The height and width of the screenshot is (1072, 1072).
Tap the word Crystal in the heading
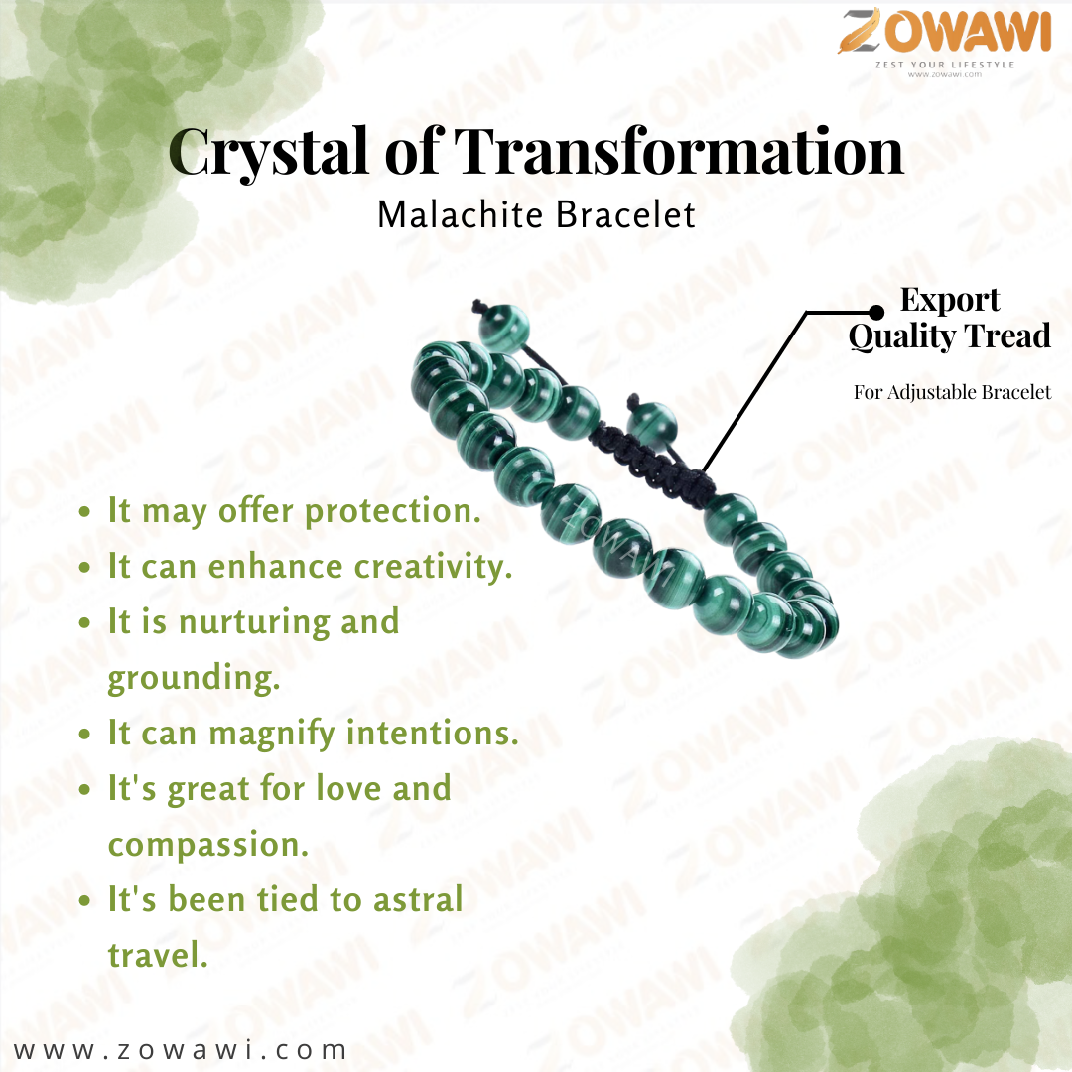point(269,153)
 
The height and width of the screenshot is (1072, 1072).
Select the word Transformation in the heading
point(679,151)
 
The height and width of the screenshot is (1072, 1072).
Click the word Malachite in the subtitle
point(461,214)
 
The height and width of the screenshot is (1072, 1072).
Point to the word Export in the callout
point(950,300)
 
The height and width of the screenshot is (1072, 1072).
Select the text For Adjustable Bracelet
point(952,392)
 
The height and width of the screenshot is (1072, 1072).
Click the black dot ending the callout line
point(876,313)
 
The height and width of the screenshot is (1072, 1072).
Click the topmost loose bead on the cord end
point(504,330)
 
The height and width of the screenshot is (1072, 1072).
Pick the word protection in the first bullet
point(393,512)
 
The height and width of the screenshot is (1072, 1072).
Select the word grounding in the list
point(195,679)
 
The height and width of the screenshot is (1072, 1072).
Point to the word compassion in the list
point(208,846)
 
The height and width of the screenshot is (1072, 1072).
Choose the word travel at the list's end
point(158,955)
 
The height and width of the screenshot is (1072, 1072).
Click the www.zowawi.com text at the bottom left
point(180,1049)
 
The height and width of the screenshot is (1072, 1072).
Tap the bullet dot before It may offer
point(84,512)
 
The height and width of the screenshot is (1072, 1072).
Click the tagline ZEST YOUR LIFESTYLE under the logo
point(945,65)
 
